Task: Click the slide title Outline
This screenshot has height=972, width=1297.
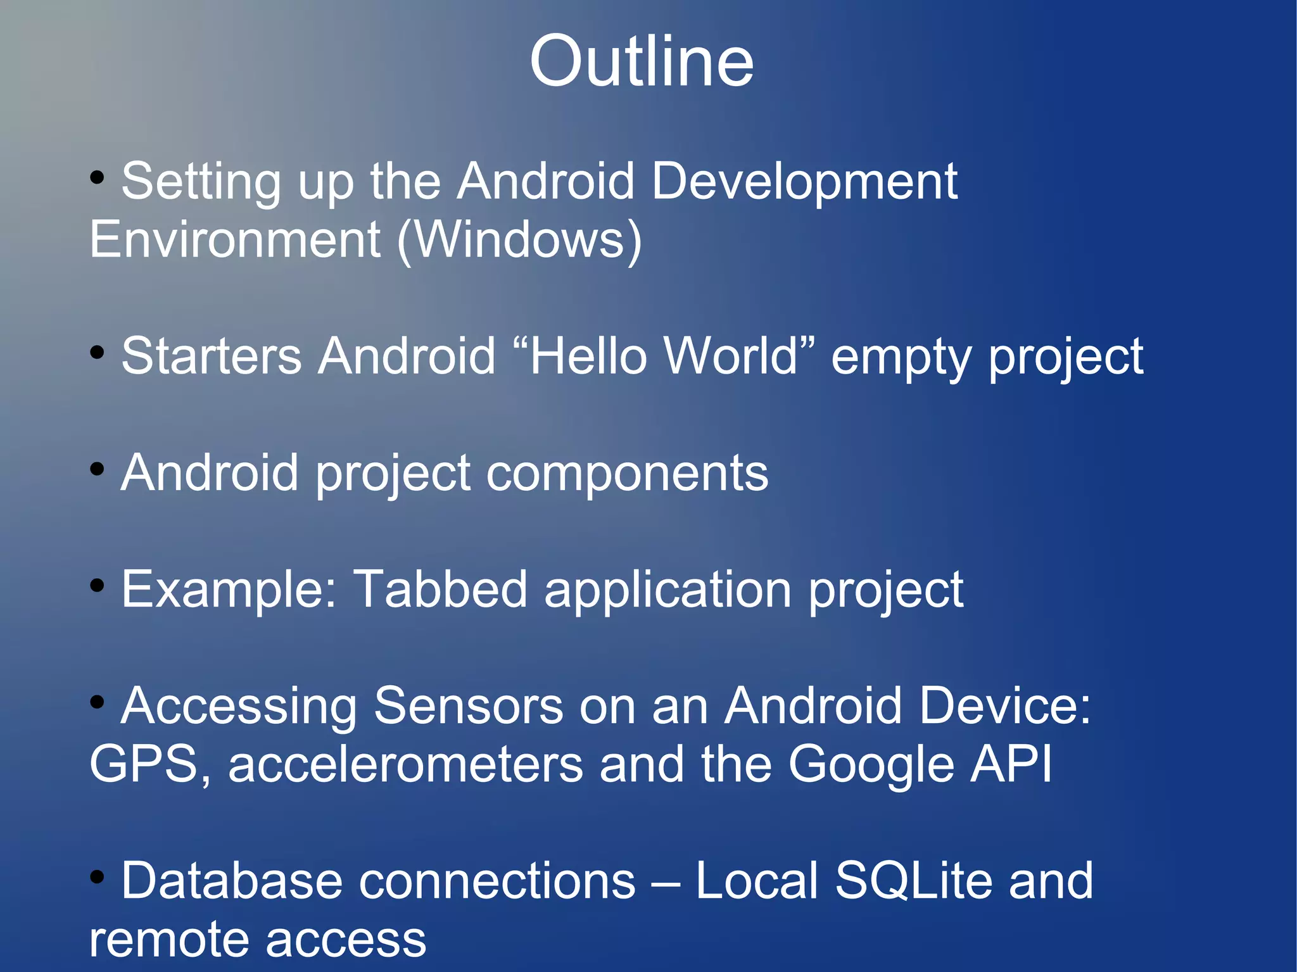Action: coord(642,62)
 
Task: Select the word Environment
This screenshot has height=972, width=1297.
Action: coord(235,241)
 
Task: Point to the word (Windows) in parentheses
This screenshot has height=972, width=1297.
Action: coord(519,241)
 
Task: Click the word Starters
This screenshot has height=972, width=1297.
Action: coord(211,357)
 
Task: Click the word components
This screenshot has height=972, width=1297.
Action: coord(627,474)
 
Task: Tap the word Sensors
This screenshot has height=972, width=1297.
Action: coord(468,706)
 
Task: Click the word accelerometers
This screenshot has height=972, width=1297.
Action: coord(405,764)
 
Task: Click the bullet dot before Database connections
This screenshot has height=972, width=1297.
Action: coord(97,877)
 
